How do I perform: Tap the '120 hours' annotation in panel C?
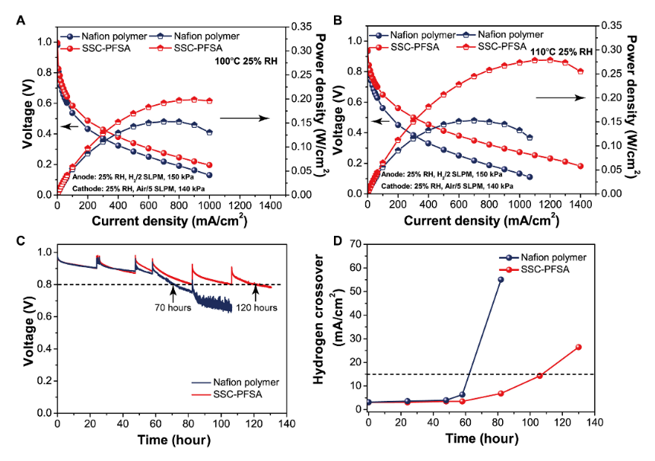(255, 308)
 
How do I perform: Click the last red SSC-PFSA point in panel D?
(578, 347)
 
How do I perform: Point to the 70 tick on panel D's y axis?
(358, 244)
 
